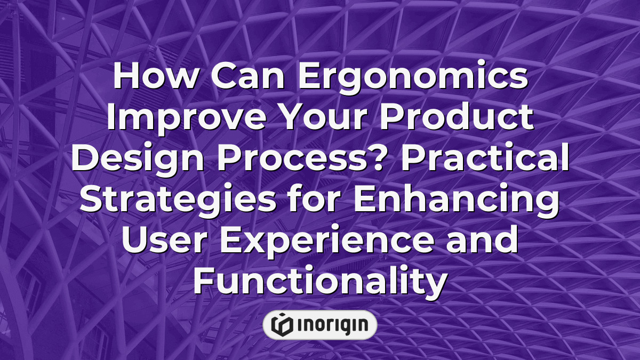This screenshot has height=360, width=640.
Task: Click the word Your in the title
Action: [326, 118]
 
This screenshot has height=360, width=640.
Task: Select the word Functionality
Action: [319, 281]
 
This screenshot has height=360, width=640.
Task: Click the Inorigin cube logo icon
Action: [282, 325]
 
